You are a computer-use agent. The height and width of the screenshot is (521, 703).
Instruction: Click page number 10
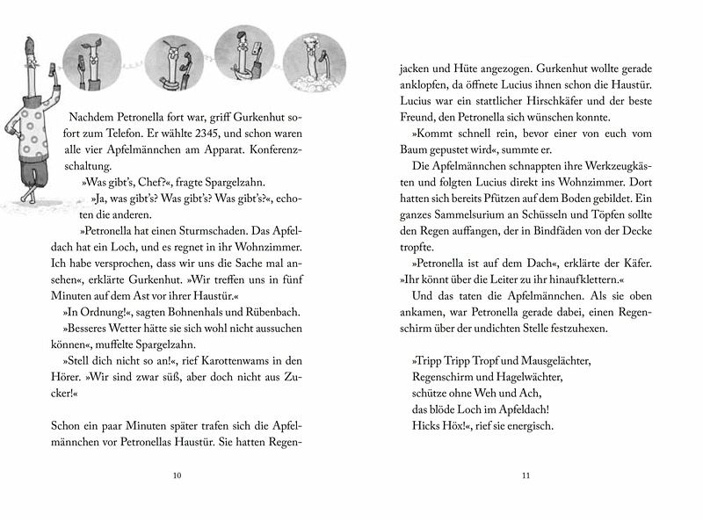point(178,475)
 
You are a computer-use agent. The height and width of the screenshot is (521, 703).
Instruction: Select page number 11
point(526,475)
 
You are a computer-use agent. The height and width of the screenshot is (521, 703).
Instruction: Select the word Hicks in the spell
point(424,427)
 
